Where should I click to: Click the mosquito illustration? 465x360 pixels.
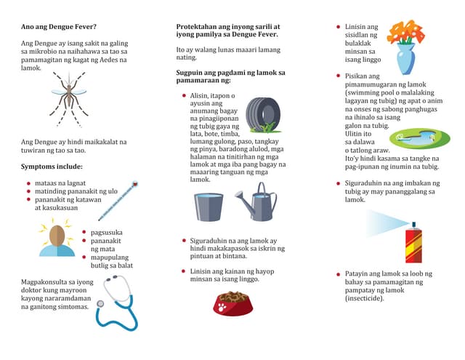pos(68,99)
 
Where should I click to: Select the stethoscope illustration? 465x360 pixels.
pos(116,303)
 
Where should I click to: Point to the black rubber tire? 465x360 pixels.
pos(262,114)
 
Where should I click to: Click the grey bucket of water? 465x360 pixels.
pos(209,207)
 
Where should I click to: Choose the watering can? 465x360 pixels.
pos(258,202)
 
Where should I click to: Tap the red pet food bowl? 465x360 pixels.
pos(232,302)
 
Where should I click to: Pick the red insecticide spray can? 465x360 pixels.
pos(413,243)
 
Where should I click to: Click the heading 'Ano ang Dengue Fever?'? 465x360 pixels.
pos(59,28)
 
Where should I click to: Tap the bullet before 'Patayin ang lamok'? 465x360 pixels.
pos(338,274)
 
